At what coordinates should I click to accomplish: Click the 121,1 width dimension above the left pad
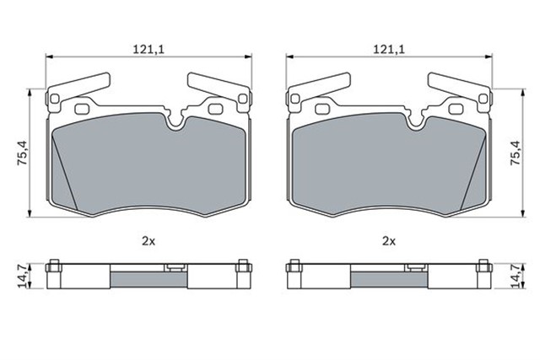click(x=149, y=50)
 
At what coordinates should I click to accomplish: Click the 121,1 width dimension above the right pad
click(x=390, y=50)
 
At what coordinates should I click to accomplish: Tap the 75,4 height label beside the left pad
click(x=23, y=152)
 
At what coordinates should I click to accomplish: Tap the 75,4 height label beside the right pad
click(x=516, y=152)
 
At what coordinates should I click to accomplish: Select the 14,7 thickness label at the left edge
click(x=22, y=277)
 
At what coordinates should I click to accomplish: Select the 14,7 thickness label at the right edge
click(x=516, y=277)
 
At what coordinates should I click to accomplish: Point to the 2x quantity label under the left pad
click(x=148, y=241)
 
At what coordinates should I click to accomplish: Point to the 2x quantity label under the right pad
click(x=389, y=241)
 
